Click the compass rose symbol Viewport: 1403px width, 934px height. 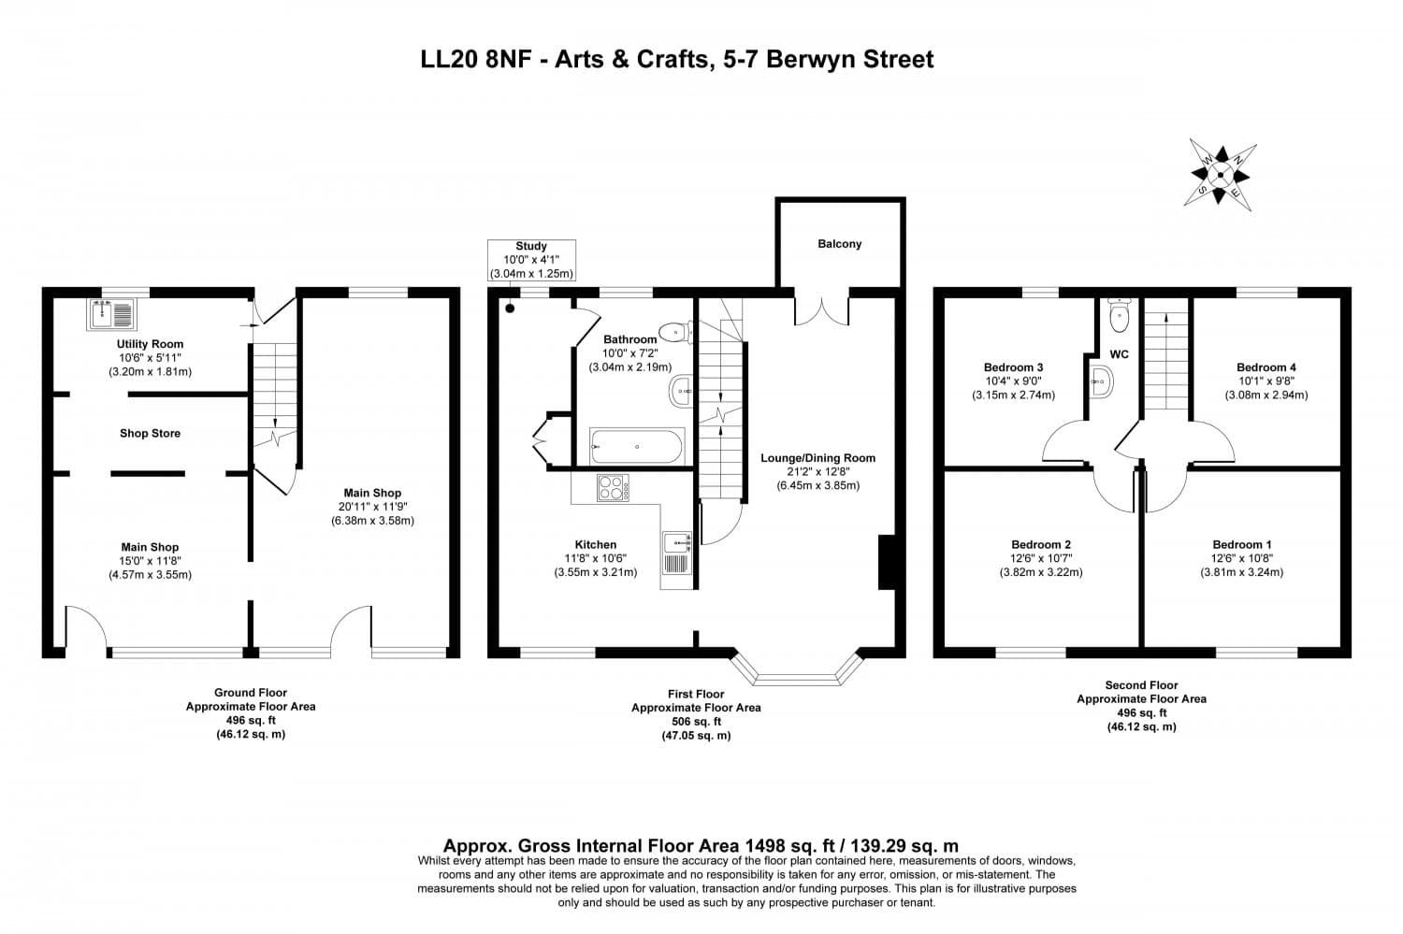(x=1220, y=175)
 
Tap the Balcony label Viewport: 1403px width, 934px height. (x=839, y=243)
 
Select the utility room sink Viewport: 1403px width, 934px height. (x=111, y=314)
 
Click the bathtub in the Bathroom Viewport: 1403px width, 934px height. (x=637, y=446)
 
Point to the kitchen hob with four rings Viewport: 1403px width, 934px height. (x=614, y=488)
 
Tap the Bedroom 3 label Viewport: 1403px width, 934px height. (x=1013, y=367)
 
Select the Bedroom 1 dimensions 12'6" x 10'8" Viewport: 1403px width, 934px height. (x=1241, y=558)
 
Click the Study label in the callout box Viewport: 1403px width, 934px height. (x=531, y=246)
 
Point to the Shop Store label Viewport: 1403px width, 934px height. (x=151, y=433)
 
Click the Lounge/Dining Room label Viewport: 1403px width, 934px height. (x=818, y=457)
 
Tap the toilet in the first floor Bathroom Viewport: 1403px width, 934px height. (x=676, y=332)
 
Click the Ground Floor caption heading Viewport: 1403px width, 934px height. (x=251, y=693)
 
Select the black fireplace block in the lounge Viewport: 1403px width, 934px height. (x=887, y=562)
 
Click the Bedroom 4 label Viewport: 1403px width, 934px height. (x=1266, y=367)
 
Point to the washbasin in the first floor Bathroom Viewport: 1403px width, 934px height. (x=681, y=392)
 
